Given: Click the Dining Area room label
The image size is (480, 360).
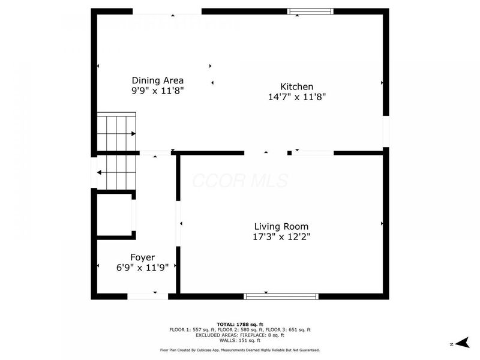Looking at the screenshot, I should [x=157, y=80].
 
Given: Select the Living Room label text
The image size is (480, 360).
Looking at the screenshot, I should [x=281, y=226].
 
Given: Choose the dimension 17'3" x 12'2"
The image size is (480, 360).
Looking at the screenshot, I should [x=281, y=236].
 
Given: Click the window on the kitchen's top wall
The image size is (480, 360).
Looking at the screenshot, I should [x=310, y=11].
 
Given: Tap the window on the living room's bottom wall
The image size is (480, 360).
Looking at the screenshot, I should [x=281, y=296].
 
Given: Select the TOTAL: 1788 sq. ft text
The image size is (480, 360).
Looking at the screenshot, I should [x=239, y=324].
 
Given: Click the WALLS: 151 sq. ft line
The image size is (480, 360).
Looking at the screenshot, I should [x=239, y=340].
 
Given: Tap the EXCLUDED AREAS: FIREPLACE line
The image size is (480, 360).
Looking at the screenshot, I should [x=239, y=335].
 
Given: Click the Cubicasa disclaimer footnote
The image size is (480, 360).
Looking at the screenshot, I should [x=239, y=350].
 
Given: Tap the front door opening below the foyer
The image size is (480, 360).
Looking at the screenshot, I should [x=148, y=296].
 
